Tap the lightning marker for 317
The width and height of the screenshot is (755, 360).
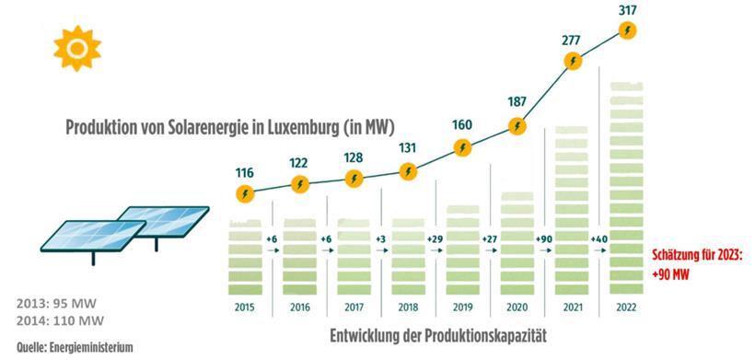coord(628,30)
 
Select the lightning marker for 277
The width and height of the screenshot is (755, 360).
coord(574,62)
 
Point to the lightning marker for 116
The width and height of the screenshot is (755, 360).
coord(245,193)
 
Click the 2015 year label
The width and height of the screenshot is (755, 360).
coord(245,306)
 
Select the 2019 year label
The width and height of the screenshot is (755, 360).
coord(464,306)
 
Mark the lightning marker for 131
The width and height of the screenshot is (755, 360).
coord(410,171)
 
